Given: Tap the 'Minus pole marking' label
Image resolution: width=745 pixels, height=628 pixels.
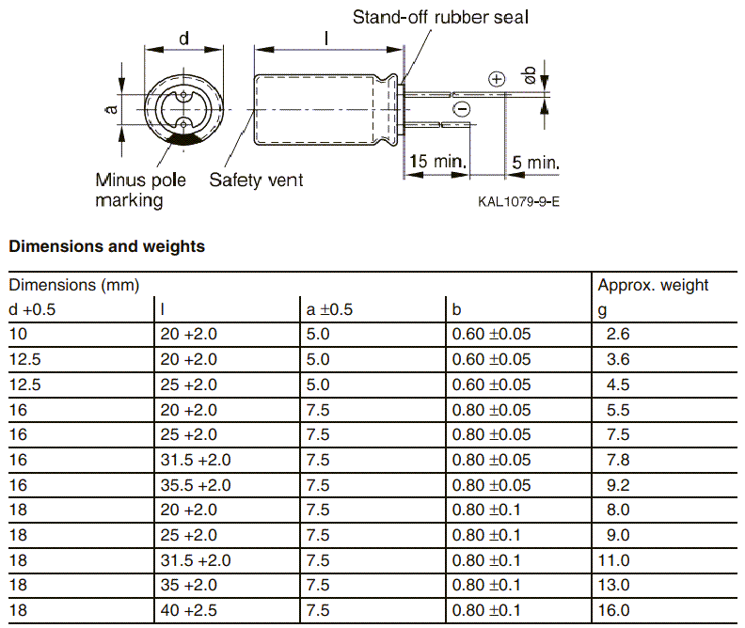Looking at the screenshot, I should (140, 190).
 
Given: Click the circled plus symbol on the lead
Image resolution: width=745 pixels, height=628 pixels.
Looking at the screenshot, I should (498, 80).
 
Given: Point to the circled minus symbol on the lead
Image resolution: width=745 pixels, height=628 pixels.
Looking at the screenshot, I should (461, 110).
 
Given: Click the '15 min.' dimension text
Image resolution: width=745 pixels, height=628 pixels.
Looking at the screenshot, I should (438, 162).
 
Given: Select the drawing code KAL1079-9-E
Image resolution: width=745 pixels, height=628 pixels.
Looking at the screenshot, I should (518, 202).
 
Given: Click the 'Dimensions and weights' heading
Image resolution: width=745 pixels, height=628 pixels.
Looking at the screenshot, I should (106, 247).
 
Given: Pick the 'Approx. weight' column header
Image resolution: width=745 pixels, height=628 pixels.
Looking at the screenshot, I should (653, 285).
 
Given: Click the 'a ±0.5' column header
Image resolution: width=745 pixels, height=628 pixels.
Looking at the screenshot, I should (329, 309).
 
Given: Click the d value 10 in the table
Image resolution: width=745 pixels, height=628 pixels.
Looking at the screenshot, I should (18, 334).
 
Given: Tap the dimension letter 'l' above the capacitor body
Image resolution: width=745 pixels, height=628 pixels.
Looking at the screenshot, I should (325, 39).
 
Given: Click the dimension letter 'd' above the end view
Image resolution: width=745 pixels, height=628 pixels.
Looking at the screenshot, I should (184, 39).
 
